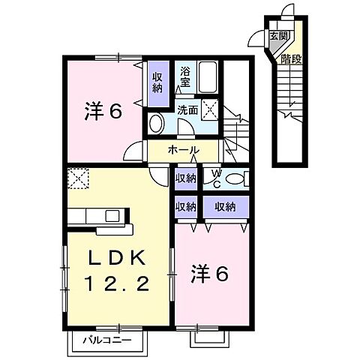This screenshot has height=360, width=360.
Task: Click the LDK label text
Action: tap(115, 257)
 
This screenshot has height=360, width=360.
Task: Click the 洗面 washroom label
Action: tap(187, 110)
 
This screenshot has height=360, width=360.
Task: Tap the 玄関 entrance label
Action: tap(277, 34)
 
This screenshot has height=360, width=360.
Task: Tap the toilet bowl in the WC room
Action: tap(235, 178)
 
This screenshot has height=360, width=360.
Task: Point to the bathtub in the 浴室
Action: tap(208, 77)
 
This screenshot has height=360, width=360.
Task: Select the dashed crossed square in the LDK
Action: tap(77, 179)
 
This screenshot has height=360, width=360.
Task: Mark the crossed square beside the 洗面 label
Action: tap(211, 110)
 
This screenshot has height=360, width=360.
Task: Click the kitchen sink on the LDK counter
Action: tap(112, 217)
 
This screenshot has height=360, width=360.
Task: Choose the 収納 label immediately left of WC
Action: tap(186, 178)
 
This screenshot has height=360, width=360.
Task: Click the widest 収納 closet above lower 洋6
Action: tap(224, 205)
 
